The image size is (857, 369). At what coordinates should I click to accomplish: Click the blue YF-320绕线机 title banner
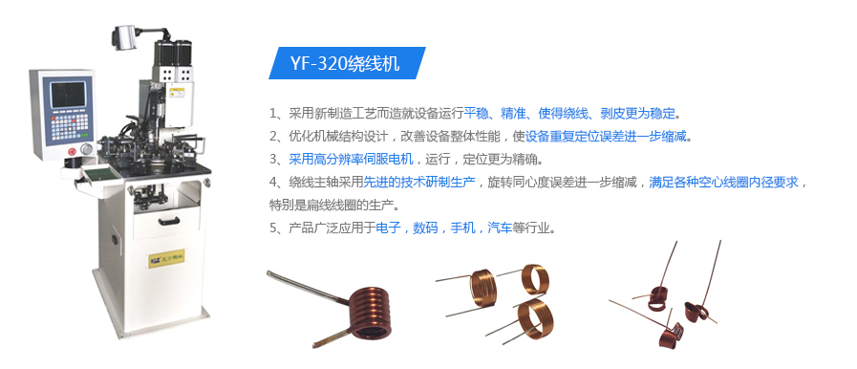344,64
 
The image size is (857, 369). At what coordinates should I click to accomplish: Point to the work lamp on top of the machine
126,36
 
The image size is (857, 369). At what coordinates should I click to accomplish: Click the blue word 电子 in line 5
389,228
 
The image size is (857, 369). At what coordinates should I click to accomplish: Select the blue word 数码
425,228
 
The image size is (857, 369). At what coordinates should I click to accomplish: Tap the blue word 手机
462,228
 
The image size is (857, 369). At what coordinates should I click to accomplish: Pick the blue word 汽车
500,228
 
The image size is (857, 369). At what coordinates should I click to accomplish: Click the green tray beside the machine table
96,176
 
